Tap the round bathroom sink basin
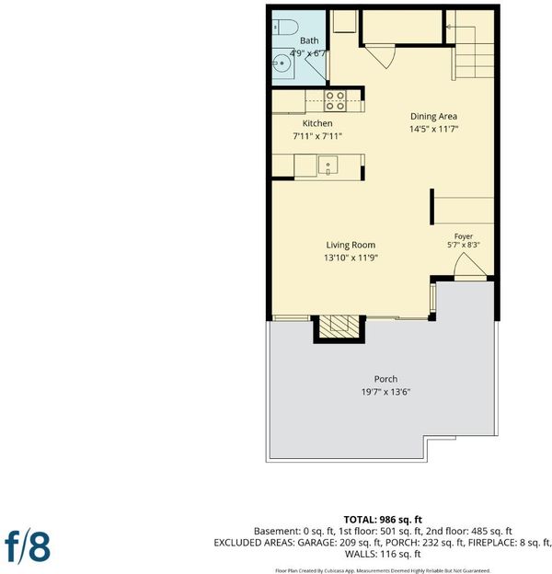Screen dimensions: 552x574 tap(281, 63)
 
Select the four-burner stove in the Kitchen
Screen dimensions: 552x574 tap(335, 100)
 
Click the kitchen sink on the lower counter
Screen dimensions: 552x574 tap(328, 166)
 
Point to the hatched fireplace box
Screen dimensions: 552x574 tap(339, 327)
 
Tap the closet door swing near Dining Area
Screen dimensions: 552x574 tap(381, 55)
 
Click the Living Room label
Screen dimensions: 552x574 tap(351, 245)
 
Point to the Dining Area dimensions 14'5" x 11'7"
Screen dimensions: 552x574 tap(433, 129)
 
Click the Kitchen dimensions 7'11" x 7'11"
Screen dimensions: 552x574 tap(317, 136)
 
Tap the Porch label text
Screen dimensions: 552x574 tap(385, 379)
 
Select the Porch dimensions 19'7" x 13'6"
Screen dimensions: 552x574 tap(385, 392)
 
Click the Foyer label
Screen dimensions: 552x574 tap(464, 236)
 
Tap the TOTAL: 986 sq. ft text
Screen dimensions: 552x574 tap(383, 520)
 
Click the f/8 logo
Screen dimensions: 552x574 tap(28, 546)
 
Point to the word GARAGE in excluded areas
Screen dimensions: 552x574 tap(316, 543)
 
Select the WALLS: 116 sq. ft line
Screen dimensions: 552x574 tap(383, 555)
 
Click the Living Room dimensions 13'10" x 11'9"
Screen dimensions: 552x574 tap(351, 258)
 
